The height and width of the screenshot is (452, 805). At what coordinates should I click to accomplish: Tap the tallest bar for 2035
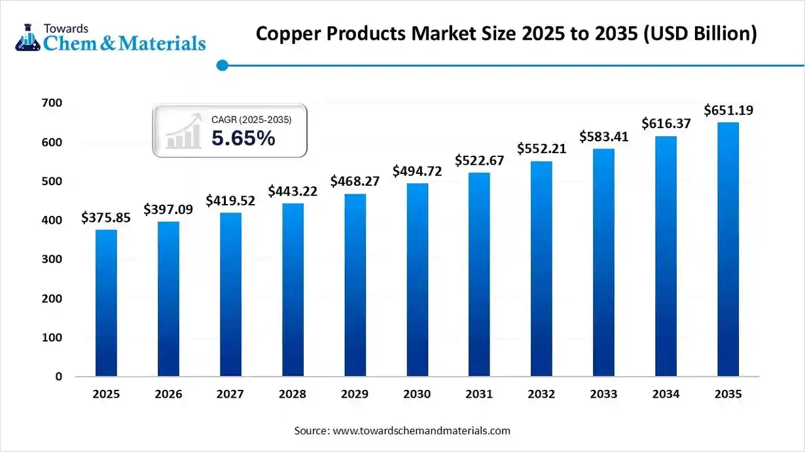728,249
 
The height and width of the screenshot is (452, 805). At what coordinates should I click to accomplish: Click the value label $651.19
728,111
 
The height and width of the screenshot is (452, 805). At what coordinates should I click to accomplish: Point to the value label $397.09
168,209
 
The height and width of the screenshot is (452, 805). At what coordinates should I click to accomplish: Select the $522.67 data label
479,160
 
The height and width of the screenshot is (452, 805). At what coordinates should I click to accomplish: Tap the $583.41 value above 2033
603,137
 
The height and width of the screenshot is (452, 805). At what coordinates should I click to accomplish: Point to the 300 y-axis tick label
54,259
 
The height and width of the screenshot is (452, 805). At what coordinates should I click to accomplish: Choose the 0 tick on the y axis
59,377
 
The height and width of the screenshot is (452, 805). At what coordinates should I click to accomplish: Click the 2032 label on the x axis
541,394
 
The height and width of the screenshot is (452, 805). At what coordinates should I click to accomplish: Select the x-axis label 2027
230,394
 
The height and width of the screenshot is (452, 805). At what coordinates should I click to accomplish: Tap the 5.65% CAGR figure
243,138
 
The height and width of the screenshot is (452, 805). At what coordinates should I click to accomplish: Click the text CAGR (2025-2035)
251,120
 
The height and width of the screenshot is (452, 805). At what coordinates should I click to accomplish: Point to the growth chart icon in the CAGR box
183,131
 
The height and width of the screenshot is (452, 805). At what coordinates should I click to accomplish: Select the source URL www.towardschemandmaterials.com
421,431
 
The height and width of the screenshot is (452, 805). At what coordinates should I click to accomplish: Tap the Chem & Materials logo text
124,43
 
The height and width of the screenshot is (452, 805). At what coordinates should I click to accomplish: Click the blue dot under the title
222,65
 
